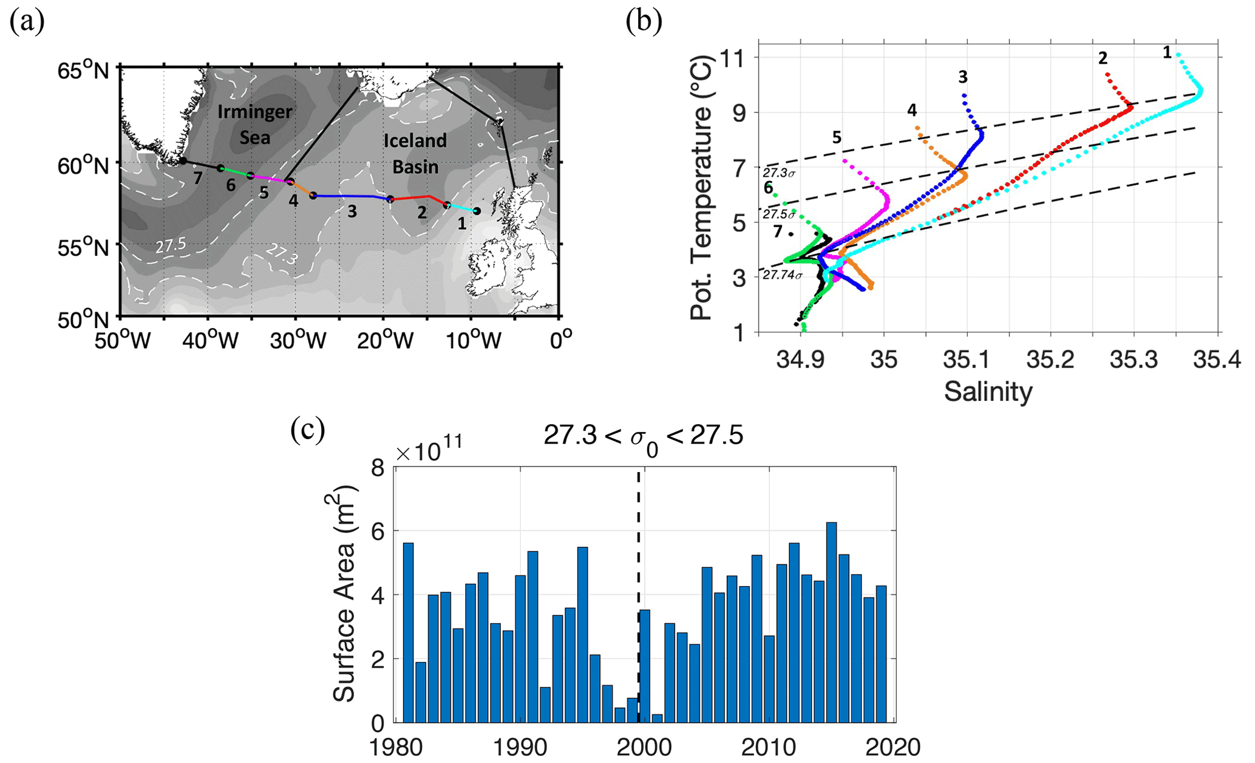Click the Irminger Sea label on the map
tap(255, 125)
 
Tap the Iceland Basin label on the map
tap(415, 153)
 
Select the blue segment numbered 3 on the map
tap(351, 196)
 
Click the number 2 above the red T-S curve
tap(1103, 58)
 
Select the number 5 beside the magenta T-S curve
tap(837, 138)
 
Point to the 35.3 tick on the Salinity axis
tap(1134, 360)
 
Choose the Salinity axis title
tap(988, 392)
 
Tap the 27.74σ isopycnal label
tap(782, 275)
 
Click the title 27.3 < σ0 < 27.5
tap(643, 436)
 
